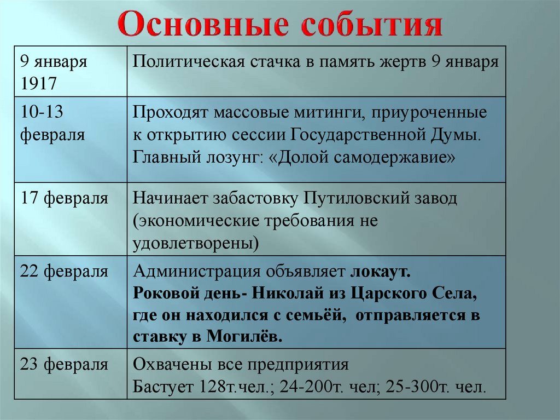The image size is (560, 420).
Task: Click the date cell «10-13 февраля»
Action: tap(52, 124)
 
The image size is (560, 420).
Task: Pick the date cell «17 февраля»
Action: tap(64, 198)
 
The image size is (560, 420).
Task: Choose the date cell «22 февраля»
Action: tap(64, 271)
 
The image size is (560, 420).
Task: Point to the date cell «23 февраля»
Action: tap(64, 365)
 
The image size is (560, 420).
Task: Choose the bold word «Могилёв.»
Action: tap(245, 336)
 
